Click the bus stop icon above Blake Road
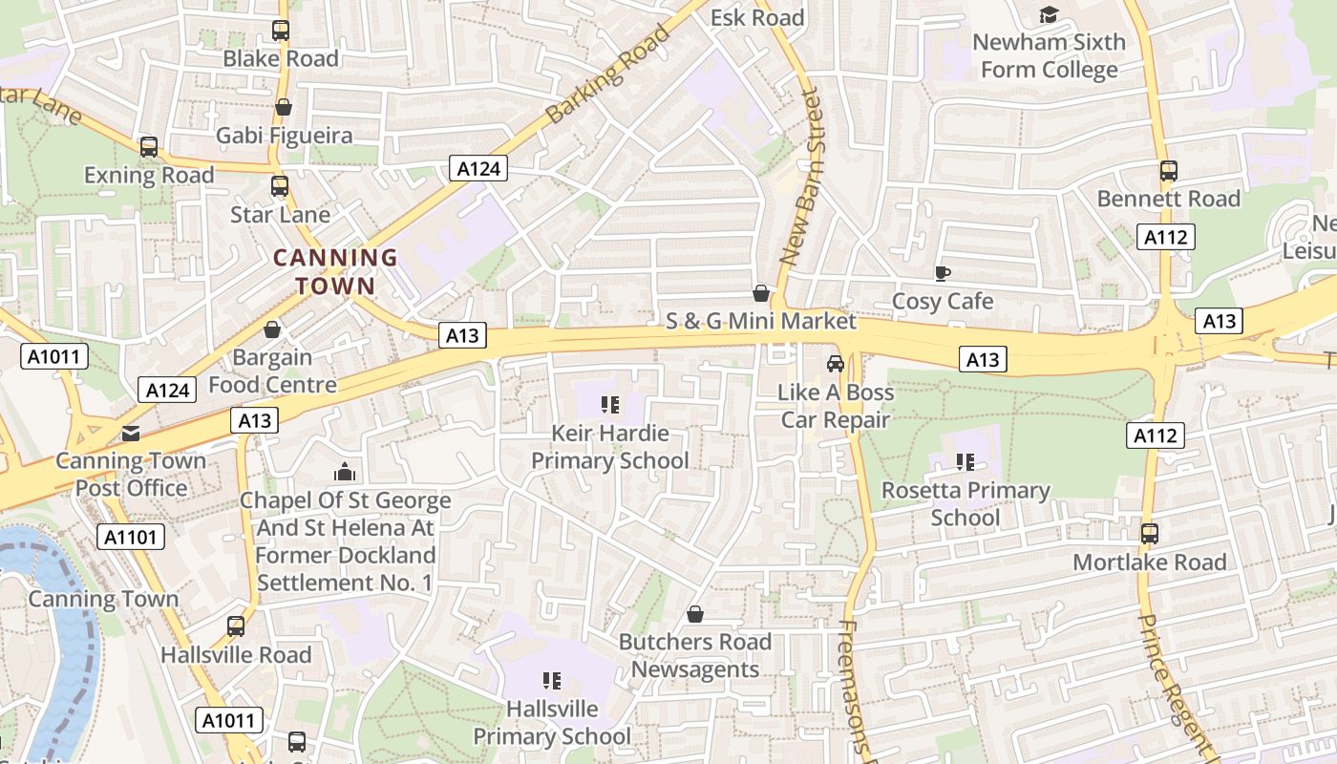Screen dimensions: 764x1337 (x=280, y=31)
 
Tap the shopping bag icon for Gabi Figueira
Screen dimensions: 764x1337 (x=283, y=108)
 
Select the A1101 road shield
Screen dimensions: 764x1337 (x=131, y=537)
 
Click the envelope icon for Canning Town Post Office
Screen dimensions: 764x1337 (x=131, y=434)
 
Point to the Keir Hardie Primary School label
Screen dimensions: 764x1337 (x=609, y=447)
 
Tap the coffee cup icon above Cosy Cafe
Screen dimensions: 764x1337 (x=942, y=274)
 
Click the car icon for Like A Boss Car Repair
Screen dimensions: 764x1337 (x=836, y=364)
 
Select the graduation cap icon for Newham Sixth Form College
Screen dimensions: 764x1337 (x=1049, y=15)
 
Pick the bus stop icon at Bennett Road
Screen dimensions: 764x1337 (x=1168, y=171)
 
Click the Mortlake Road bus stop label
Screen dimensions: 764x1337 (x=1149, y=562)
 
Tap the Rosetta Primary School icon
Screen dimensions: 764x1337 (x=966, y=463)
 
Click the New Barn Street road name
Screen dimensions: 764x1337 (x=801, y=178)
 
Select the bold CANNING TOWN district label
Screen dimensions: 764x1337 (x=335, y=271)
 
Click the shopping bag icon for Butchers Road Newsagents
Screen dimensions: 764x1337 (x=695, y=614)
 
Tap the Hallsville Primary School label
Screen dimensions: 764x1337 (x=552, y=723)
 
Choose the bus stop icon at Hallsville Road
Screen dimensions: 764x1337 (x=236, y=626)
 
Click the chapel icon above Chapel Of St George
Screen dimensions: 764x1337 (x=345, y=472)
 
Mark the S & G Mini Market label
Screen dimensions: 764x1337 (x=760, y=320)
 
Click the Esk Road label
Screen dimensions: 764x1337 (x=757, y=17)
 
